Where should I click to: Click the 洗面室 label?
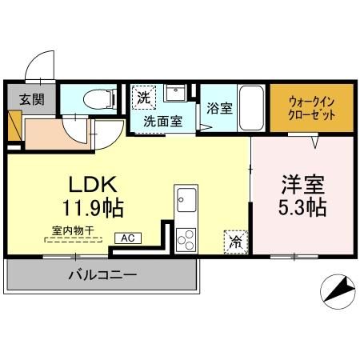(x=162, y=122)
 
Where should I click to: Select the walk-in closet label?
(x=308, y=108)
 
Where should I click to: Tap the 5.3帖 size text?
(x=302, y=209)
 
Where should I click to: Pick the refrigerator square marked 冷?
(x=236, y=238)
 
